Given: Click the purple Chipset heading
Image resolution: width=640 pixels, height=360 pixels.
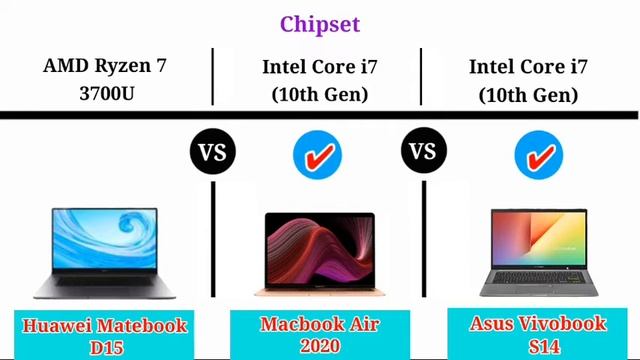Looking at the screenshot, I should pyautogui.click(x=319, y=23).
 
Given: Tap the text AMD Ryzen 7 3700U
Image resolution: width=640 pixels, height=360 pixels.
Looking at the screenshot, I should pyautogui.click(x=104, y=81).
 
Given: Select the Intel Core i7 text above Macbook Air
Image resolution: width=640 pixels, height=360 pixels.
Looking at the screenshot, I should pyautogui.click(x=319, y=81).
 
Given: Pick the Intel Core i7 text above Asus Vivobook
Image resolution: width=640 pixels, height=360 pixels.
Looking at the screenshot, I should pyautogui.click(x=528, y=81).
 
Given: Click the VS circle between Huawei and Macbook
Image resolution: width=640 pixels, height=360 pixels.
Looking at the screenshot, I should pyautogui.click(x=213, y=153).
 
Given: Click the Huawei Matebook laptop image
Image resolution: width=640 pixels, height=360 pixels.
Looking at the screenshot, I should pyautogui.click(x=104, y=252).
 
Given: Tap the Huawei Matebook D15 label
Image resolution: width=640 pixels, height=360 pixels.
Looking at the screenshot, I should pyautogui.click(x=105, y=335).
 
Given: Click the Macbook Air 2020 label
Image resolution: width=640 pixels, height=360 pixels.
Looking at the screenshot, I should pyautogui.click(x=319, y=335).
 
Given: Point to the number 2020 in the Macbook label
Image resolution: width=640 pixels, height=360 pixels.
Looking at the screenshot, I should pyautogui.click(x=319, y=346).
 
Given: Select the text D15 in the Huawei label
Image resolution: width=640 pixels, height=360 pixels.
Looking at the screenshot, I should pyautogui.click(x=105, y=346).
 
